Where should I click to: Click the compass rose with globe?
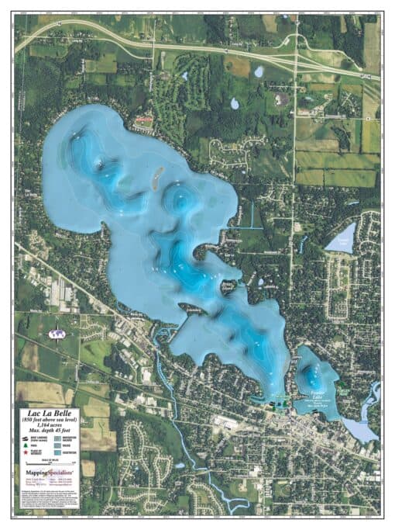click(x=55, y=334)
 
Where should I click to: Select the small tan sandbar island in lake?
click(x=156, y=182)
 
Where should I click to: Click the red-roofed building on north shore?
click(x=144, y=120)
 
